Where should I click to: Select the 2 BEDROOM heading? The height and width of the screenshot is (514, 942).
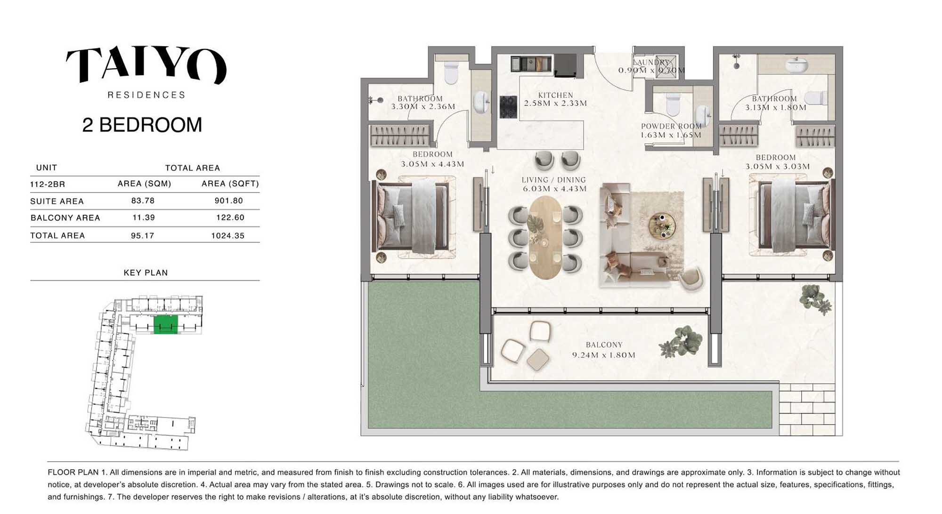142,125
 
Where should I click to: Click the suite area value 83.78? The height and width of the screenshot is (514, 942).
143,201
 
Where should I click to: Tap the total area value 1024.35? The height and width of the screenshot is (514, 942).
228,235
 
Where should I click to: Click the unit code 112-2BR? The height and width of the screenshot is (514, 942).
48,184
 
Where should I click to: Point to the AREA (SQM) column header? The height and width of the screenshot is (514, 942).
144,184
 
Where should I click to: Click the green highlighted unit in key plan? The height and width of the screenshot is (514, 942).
166,324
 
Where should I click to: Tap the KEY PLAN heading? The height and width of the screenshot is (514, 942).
146,273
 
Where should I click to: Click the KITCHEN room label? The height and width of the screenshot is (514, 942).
556,95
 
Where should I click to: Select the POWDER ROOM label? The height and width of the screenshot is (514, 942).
671,126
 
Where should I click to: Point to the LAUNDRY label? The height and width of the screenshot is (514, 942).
651,62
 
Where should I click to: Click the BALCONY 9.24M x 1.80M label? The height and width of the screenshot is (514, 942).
604,350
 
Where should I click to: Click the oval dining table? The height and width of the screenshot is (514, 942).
545,238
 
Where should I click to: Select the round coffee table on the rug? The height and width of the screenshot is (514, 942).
662,225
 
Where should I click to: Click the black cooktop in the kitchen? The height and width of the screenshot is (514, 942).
508,107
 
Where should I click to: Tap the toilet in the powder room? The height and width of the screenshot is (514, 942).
672,104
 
